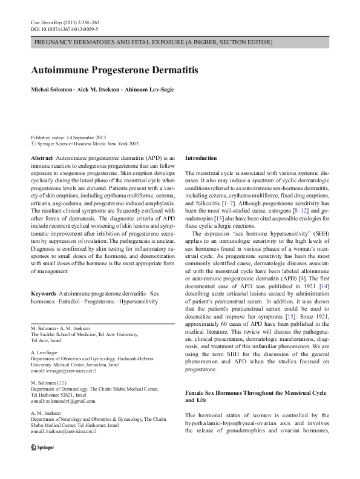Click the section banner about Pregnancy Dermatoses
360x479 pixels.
[x=153, y=42]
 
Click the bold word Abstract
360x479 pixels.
[x=41, y=157]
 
